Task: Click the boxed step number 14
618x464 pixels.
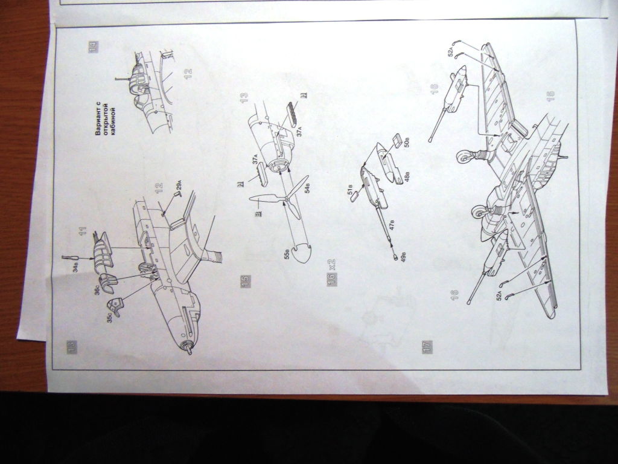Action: pos(94,47)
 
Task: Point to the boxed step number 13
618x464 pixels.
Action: pos(72,346)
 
